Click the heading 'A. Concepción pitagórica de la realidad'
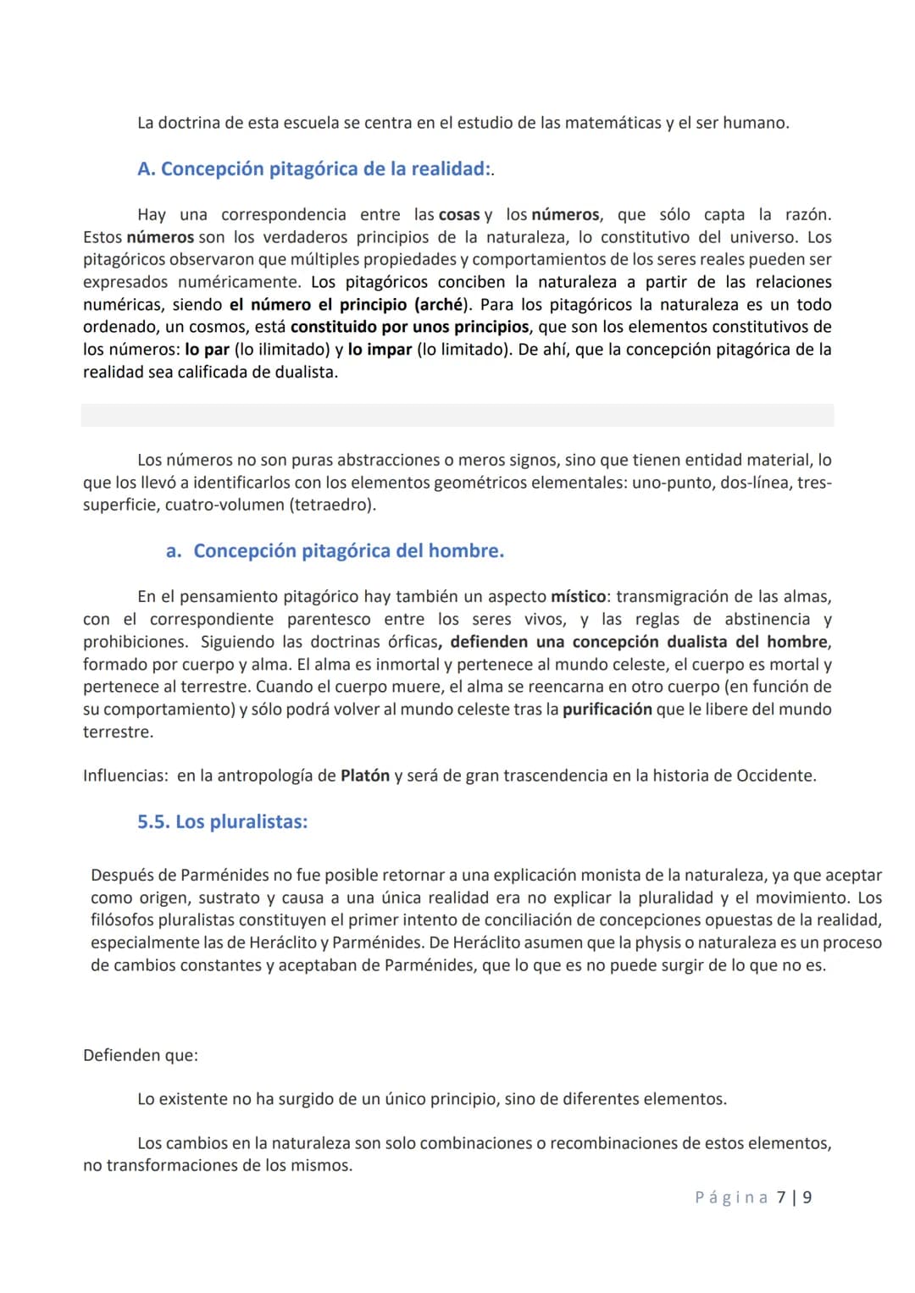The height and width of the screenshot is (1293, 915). coord(313,169)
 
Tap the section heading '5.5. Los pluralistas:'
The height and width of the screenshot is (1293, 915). coord(222,822)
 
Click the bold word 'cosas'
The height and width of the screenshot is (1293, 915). coord(459,215)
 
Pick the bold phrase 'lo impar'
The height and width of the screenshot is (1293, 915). coord(380,350)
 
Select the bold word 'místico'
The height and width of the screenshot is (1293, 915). coord(579,597)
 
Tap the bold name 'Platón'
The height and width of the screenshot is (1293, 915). coord(365,776)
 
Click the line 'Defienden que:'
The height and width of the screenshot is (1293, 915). coord(141,1056)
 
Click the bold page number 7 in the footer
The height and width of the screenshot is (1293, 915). coord(781,1197)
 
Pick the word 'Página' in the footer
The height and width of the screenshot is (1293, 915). coord(731,1197)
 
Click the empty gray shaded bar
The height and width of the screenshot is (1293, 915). coord(457,415)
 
